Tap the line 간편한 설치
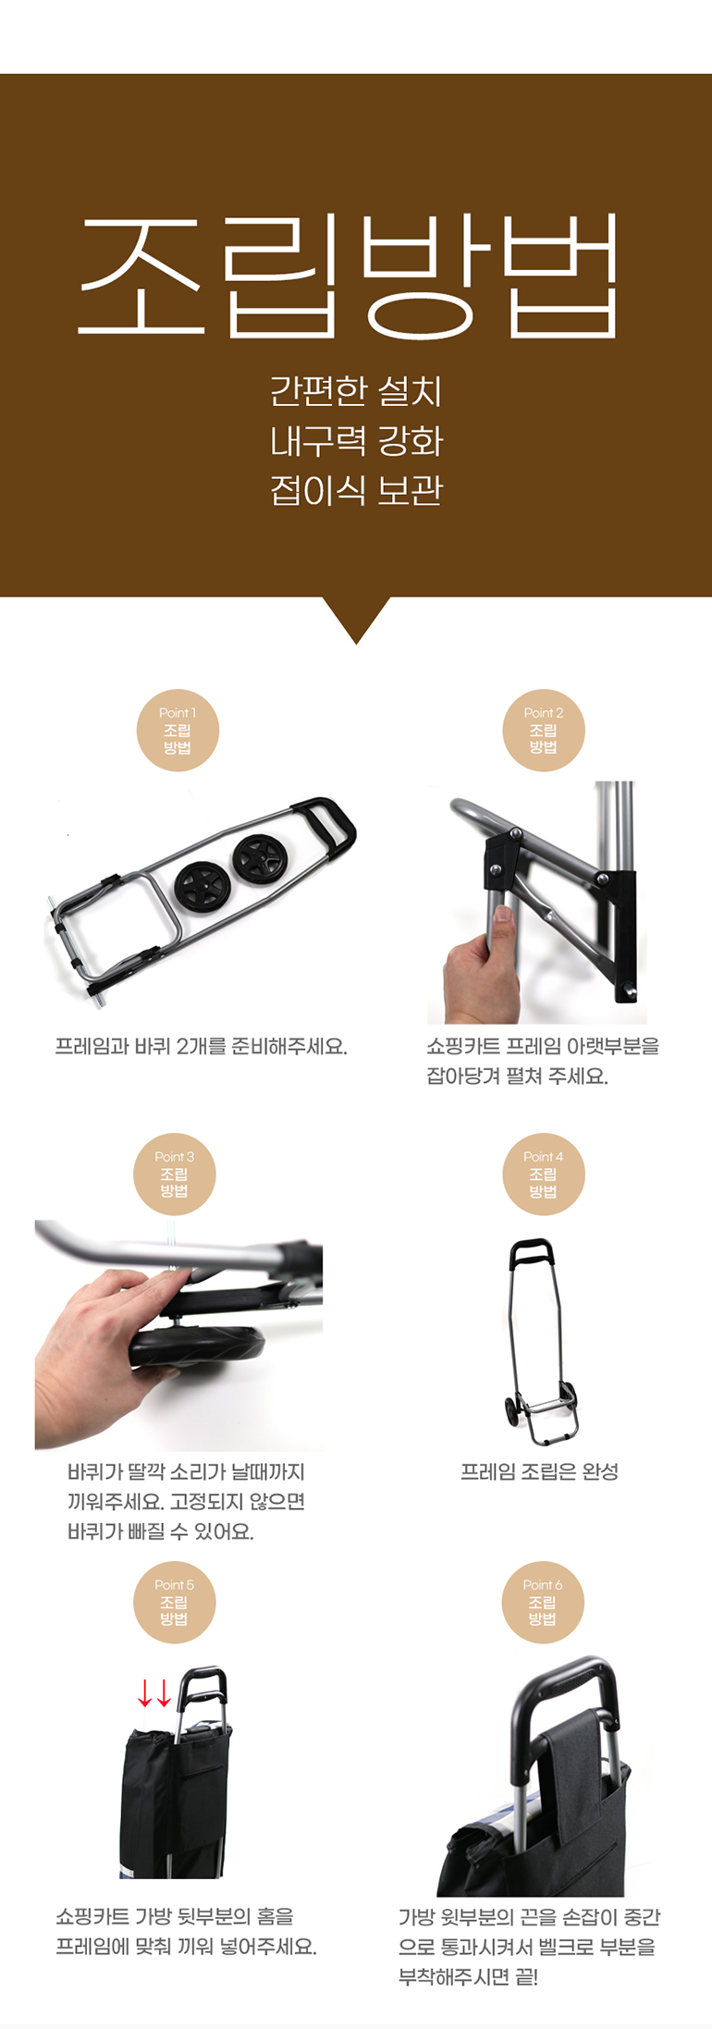(x=356, y=391)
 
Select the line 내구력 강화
(x=356, y=441)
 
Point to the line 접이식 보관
(x=356, y=490)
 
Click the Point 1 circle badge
(x=178, y=731)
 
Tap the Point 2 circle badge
(x=544, y=731)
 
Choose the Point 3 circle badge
(x=175, y=1174)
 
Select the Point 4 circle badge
(x=544, y=1174)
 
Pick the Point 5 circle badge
(x=175, y=1603)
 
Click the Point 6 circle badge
(x=543, y=1603)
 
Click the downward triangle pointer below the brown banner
(x=356, y=618)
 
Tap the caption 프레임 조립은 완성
(x=539, y=1471)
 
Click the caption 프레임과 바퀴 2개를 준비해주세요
(x=201, y=1046)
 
